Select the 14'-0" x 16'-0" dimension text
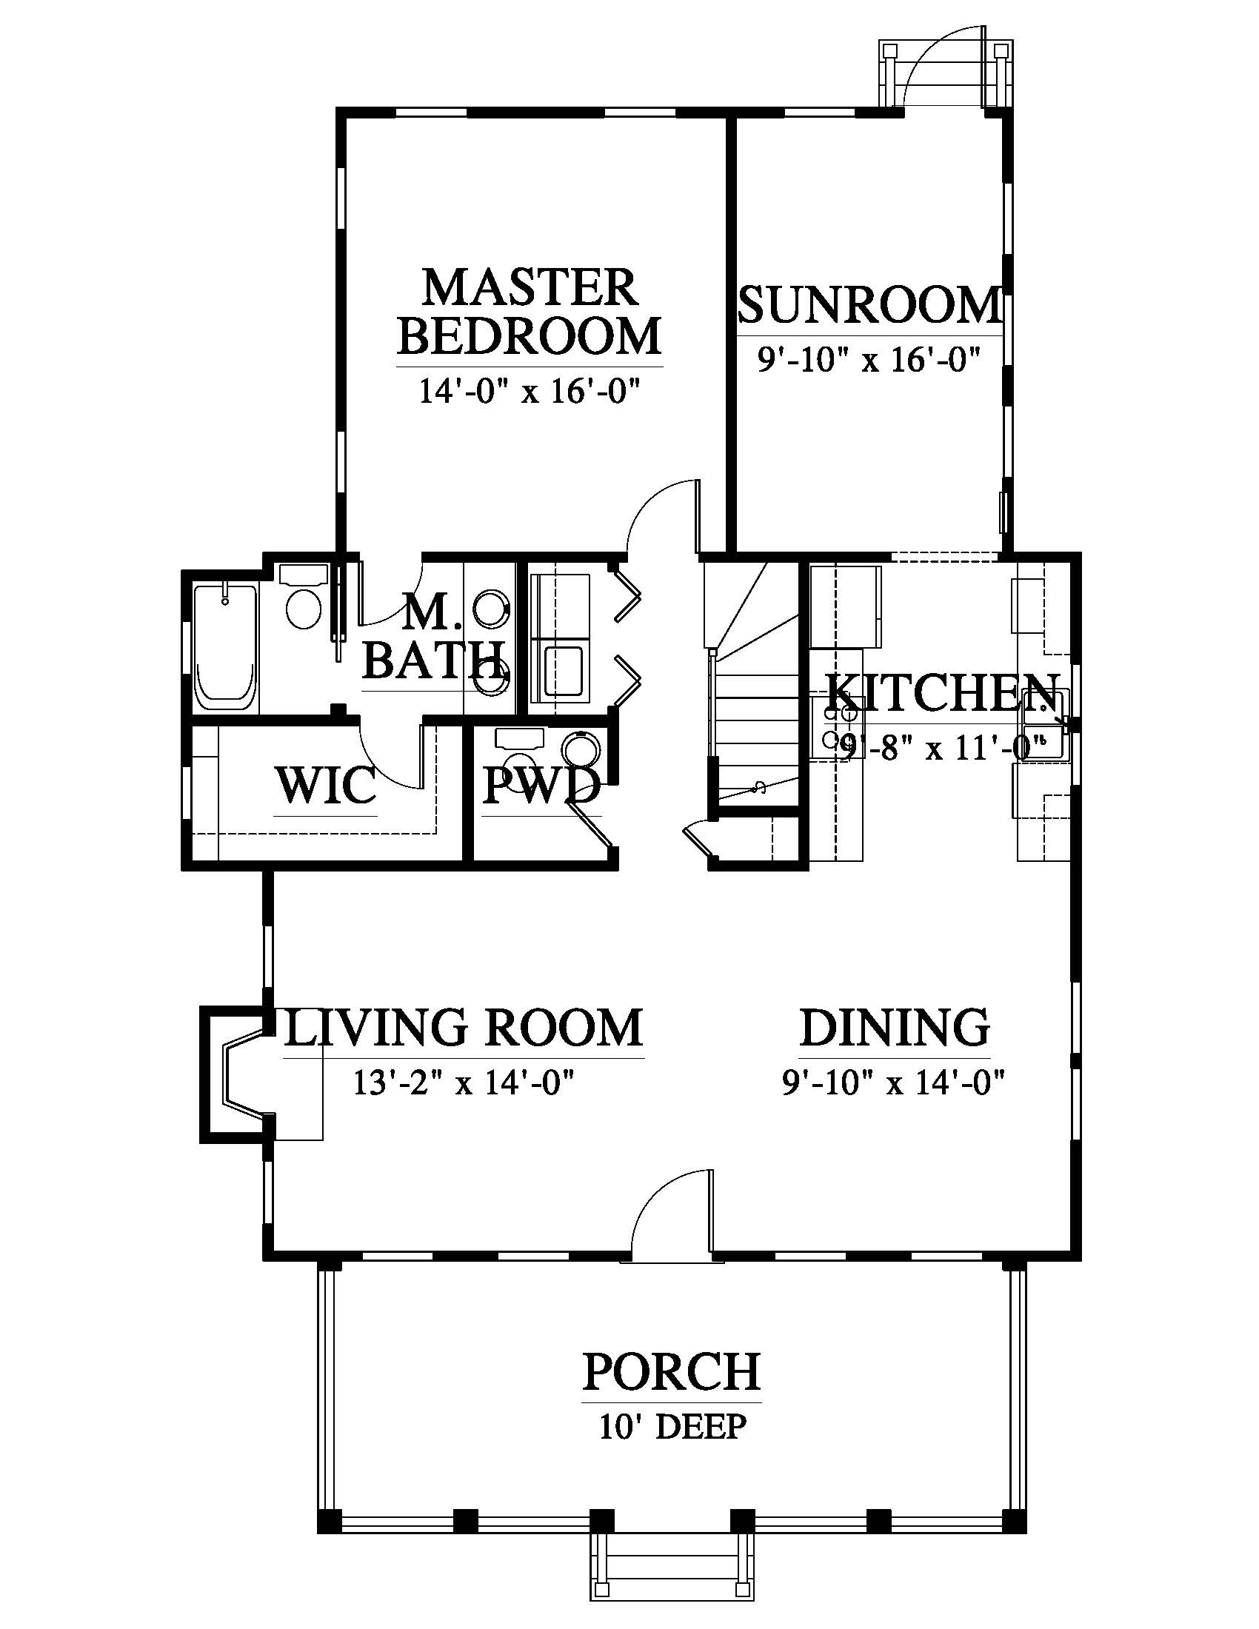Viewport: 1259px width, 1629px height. coord(530,391)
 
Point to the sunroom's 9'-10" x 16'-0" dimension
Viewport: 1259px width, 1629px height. coord(867,361)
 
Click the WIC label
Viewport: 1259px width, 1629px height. coord(326,785)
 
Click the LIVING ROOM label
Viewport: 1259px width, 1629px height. coord(463,1027)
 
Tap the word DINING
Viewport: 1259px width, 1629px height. coord(895,1027)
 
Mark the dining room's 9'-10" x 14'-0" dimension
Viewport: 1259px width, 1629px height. coord(894,1083)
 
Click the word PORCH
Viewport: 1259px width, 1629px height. coord(671,1371)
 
